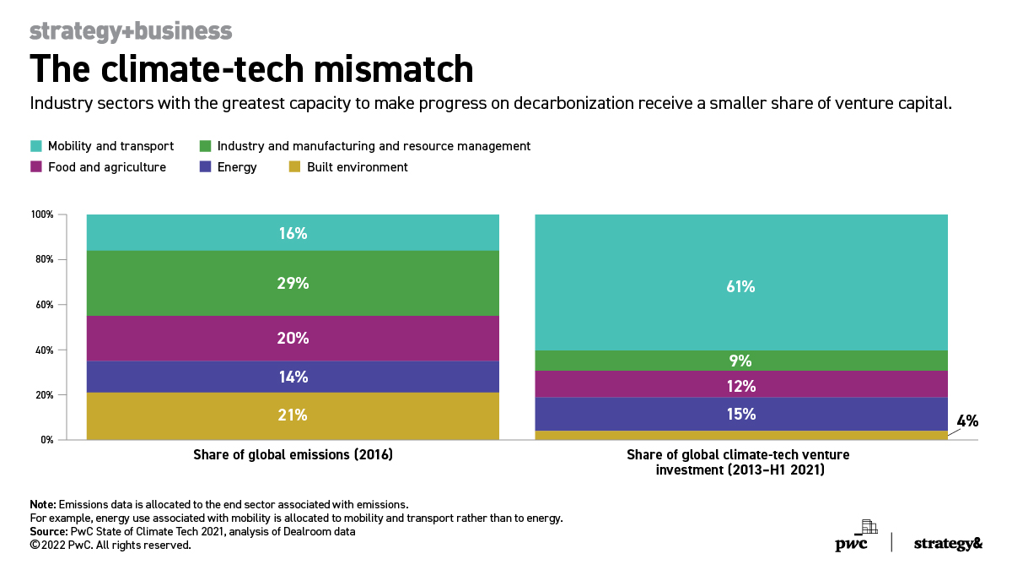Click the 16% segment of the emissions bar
293,233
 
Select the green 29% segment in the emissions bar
293,284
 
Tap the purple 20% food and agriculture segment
293,338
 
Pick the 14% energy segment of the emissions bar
293,377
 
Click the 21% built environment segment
293,415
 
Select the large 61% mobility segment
741,286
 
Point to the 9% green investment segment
741,361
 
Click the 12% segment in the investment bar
741,386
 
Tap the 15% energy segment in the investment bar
741,414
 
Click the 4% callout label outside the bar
966,421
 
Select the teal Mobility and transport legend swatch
35,146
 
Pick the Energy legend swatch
205,167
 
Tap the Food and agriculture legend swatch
35,167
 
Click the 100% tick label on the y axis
41,214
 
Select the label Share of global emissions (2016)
293,454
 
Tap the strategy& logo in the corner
948,544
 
